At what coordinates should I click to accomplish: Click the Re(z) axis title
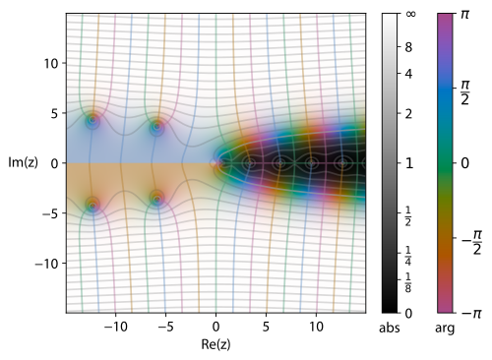pos(215,344)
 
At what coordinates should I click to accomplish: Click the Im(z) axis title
pos(23,163)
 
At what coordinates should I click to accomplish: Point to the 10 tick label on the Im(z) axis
pos(51,63)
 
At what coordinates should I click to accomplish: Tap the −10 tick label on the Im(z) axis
pos(47,264)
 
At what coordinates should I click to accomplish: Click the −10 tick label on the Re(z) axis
pos(115,327)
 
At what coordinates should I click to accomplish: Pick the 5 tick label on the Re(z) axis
pos(266,327)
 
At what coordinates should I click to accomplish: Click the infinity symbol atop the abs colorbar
pos(410,14)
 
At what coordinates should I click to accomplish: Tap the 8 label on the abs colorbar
pos(408,47)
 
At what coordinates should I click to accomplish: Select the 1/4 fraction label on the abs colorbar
pos(408,256)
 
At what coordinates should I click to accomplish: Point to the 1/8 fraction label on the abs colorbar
pos(408,282)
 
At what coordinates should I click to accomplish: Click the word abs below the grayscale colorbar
pos(390,328)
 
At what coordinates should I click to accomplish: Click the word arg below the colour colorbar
pos(445,329)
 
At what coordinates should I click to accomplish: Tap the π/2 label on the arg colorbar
pos(465,92)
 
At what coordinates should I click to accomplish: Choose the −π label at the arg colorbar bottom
pos(471,314)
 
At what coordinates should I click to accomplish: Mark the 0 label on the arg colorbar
pos(464,163)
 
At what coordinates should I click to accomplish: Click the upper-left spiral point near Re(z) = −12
pos(92,120)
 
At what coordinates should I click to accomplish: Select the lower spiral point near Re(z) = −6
pos(157,199)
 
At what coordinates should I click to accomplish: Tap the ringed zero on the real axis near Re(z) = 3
pos(249,162)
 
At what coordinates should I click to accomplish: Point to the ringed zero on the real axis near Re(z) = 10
pos(311,162)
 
